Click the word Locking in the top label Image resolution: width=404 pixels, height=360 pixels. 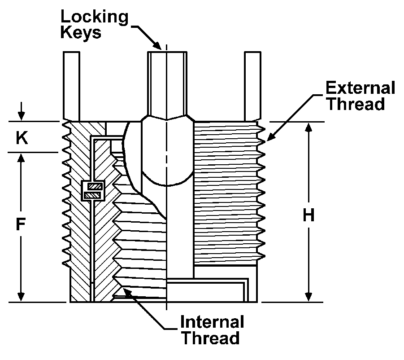(x=95, y=17)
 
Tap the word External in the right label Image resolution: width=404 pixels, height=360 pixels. (x=361, y=88)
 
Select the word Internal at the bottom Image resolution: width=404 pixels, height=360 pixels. (x=212, y=322)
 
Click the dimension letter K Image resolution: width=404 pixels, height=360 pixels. (x=21, y=138)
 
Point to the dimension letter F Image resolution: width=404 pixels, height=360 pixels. (x=20, y=224)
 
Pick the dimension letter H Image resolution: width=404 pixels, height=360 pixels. (x=308, y=216)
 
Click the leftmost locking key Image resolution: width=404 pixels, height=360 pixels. (x=71, y=83)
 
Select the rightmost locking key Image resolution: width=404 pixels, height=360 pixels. (x=252, y=83)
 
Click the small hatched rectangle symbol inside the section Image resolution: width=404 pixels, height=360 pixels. (x=93, y=190)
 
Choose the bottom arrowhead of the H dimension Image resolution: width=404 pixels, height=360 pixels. (x=308, y=297)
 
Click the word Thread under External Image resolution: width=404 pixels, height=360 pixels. (x=355, y=104)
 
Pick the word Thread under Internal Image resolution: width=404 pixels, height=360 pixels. (x=210, y=338)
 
